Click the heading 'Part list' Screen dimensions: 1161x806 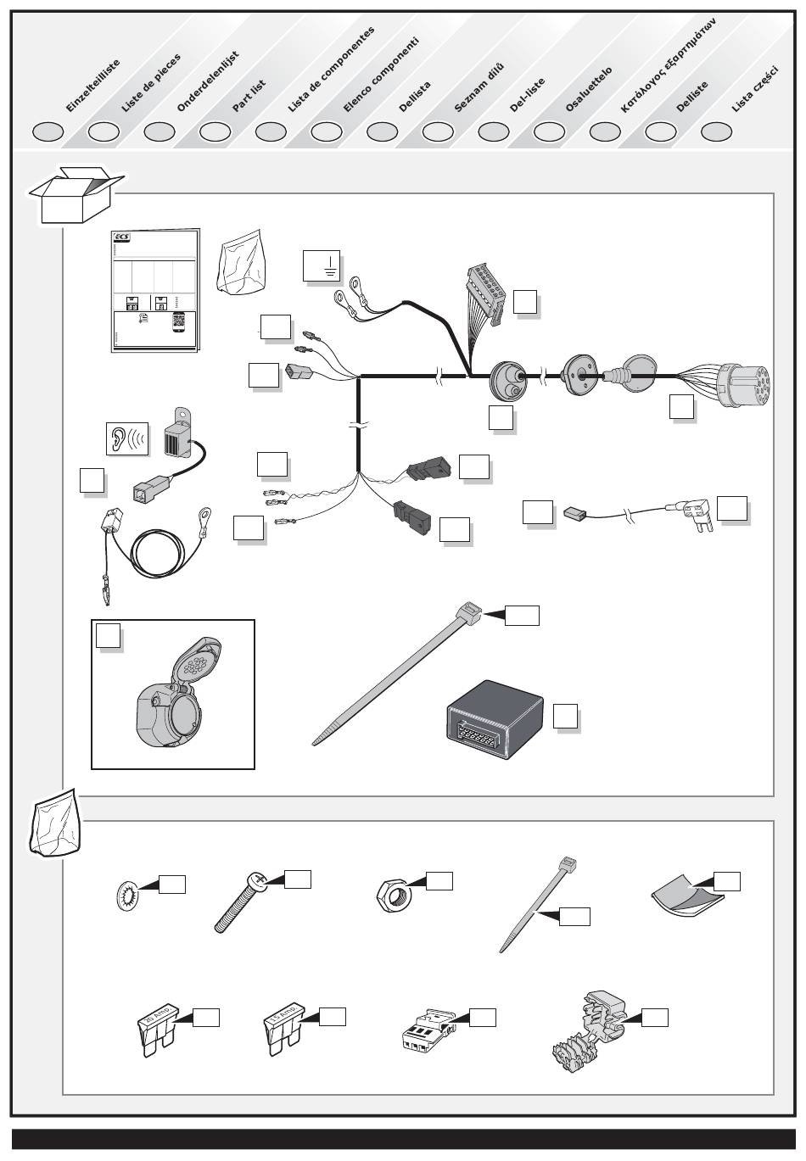249,96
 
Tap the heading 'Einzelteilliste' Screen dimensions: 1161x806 92,86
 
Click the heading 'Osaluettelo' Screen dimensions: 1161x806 588,90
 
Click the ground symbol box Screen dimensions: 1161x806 322,265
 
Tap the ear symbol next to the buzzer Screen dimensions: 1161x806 125,438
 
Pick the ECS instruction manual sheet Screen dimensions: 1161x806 155,290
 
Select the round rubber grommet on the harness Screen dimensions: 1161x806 508,382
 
